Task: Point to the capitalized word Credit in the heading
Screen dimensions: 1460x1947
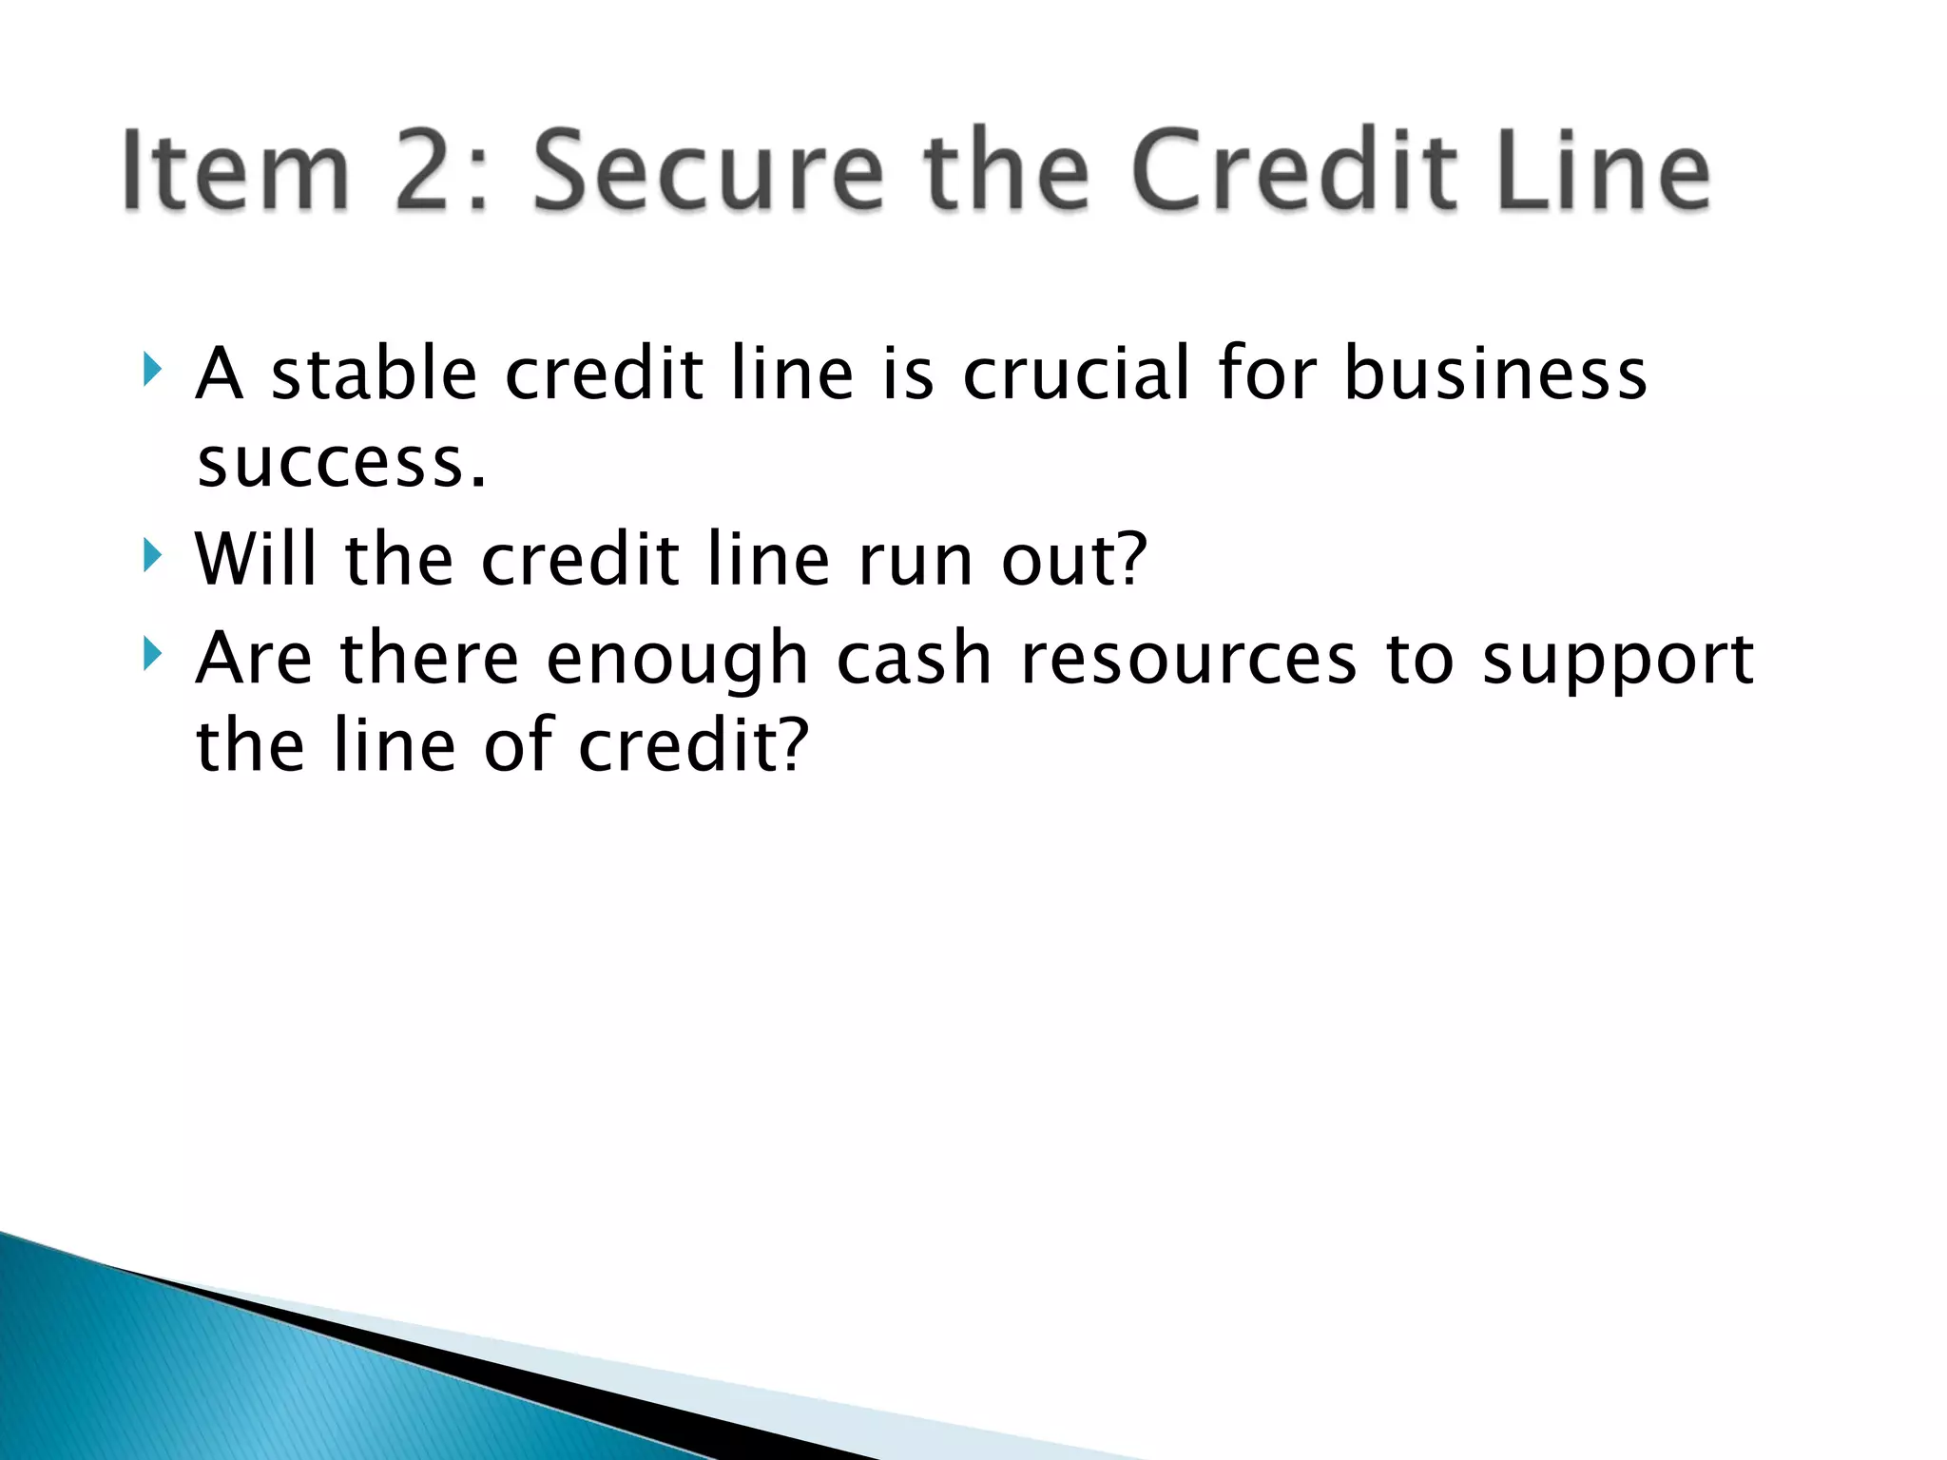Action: (x=1294, y=171)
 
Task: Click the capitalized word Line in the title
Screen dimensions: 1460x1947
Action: (x=1603, y=171)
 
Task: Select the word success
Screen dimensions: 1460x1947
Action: (x=340, y=465)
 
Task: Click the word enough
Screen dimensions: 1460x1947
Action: (x=676, y=660)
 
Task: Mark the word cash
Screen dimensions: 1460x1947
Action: (x=914, y=658)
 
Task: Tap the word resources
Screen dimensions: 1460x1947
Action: (x=1187, y=660)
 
